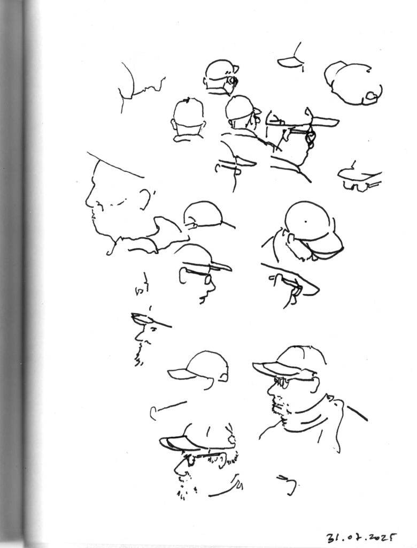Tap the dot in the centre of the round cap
[x=306, y=221]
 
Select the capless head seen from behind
[x=188, y=119]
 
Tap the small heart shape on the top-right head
[x=371, y=95]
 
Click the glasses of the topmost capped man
[x=231, y=80]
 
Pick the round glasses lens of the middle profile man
[x=208, y=279]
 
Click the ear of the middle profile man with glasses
[x=184, y=276]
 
